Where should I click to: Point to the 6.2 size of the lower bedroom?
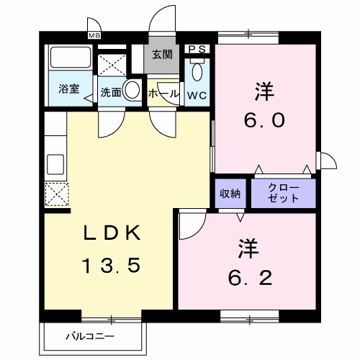251,278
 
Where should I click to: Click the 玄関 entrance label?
161,53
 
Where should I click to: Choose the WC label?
197,94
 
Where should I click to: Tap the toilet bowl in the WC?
198,73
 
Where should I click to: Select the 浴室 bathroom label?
68,91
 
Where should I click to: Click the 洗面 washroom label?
109,92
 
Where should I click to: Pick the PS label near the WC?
197,49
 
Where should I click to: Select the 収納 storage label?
230,193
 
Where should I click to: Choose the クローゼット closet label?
284,192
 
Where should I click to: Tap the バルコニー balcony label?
86,336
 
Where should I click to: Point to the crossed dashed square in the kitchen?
55,194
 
